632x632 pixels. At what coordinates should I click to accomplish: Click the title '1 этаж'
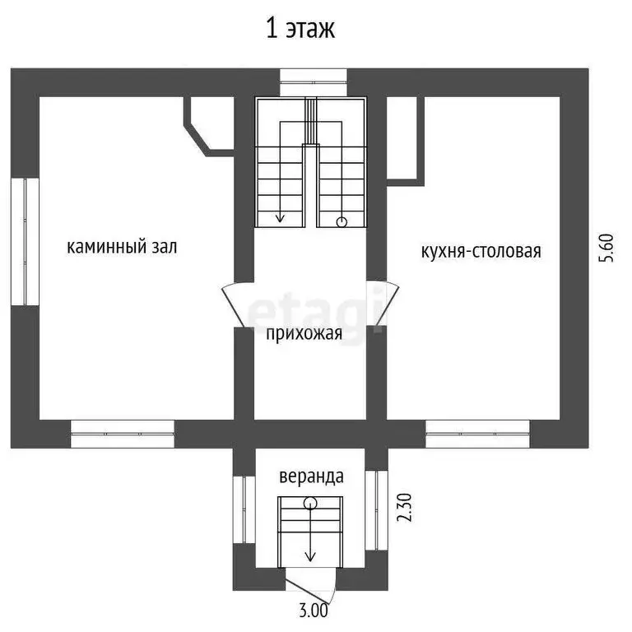point(300,29)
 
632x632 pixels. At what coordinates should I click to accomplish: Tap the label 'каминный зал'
point(122,246)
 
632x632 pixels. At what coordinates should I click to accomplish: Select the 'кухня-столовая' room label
point(481,251)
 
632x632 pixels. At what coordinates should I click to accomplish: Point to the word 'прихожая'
point(304,334)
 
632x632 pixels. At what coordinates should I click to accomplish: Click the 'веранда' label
point(311,476)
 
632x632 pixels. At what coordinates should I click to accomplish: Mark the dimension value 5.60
point(606,248)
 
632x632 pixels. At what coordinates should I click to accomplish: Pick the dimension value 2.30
point(404,508)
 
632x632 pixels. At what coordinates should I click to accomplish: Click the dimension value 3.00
point(314,611)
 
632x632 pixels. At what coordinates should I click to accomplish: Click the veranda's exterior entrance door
point(310,580)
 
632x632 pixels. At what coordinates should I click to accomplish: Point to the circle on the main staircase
point(342,221)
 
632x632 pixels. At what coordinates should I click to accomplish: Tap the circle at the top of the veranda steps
point(310,502)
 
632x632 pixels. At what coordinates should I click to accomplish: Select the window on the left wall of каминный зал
point(25,241)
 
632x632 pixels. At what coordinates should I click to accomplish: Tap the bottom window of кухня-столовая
point(477,434)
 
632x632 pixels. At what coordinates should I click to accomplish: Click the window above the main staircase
point(314,82)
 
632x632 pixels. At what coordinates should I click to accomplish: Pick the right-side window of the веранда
point(376,510)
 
